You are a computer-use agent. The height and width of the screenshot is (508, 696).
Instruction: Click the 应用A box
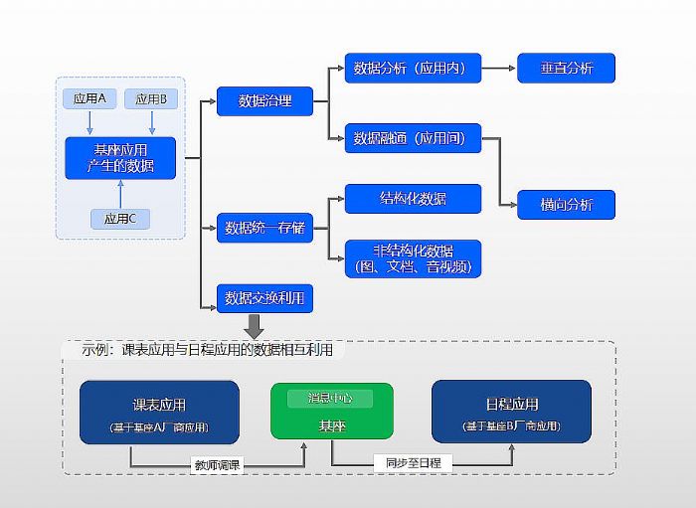coord(90,98)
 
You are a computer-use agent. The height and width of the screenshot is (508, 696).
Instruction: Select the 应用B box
coord(151,98)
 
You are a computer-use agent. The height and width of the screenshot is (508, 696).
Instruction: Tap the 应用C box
coord(120,219)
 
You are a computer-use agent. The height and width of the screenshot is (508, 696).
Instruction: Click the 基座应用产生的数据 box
coord(120,158)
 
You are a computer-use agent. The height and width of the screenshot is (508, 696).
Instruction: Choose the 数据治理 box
coord(264,100)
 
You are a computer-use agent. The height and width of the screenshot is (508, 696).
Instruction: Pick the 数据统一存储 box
coord(264,228)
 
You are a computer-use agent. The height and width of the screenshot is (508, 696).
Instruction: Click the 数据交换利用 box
coord(264,297)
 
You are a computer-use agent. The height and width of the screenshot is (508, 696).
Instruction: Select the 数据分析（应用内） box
coord(413,69)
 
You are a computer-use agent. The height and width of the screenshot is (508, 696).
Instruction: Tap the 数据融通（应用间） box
coord(413,138)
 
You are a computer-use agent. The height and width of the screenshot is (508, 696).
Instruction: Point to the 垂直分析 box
coord(566,69)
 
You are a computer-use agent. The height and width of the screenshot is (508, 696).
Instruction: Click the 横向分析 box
coord(566,205)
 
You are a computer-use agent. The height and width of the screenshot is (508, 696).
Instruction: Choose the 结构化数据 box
coord(413,199)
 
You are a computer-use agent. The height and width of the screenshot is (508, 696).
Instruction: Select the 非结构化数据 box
coord(413,257)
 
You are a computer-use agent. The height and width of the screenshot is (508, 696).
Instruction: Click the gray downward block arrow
coord(254,325)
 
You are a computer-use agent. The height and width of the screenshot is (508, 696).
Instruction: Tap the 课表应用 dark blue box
coord(159,412)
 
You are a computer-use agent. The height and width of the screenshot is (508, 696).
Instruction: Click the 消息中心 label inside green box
coord(331,398)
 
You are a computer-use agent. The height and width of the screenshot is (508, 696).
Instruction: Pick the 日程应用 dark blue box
coord(511,412)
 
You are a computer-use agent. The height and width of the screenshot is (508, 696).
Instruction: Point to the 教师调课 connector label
coord(217,464)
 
